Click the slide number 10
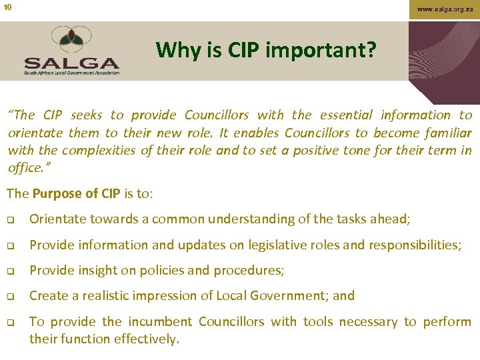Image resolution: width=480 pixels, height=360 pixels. (7, 7)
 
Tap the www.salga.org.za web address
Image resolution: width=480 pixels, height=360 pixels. (445, 9)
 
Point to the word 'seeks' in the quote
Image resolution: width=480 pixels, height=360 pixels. (86, 115)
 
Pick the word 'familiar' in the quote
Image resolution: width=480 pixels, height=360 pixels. (447, 133)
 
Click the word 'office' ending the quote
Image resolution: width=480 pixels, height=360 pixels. (24, 167)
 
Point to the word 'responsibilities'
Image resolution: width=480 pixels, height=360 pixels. (413, 245)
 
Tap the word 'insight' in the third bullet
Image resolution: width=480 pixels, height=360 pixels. (101, 270)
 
